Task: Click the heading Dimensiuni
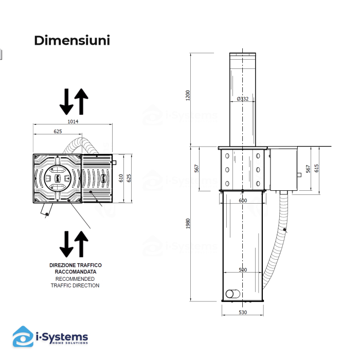[72, 41]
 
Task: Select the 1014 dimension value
[73, 121]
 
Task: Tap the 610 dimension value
[121, 178]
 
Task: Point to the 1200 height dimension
[188, 95]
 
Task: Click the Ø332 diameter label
[243, 99]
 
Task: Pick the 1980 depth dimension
[188, 224]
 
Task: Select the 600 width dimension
[243, 201]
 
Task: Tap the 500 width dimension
[243, 270]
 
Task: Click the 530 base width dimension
[243, 312]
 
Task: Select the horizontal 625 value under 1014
[58, 132]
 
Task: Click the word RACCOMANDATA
[75, 271]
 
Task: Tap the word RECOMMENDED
[75, 278]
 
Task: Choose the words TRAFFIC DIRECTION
[75, 285]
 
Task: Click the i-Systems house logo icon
[23, 337]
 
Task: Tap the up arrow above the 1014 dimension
[82, 101]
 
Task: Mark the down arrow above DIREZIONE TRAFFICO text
[66, 244]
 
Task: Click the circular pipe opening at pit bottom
[231, 294]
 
